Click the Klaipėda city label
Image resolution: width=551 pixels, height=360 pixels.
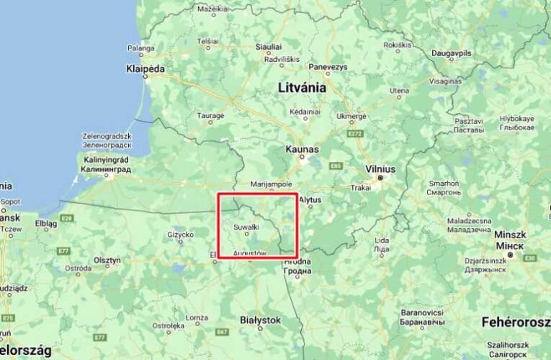[146, 68]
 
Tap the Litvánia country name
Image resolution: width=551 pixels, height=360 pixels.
[302, 87]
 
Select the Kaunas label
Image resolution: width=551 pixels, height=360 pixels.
[302, 148]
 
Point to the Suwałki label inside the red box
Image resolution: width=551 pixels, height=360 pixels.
[246, 227]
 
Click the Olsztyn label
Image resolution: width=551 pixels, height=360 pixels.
[107, 260]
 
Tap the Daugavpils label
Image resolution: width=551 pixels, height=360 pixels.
[452, 53]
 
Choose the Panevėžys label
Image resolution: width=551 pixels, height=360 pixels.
[327, 66]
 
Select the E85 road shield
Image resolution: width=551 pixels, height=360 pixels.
[335, 166]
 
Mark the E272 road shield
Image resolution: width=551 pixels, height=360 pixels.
[355, 133]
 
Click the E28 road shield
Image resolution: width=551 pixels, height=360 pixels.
[67, 217]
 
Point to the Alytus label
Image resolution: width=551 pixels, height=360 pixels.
[309, 199]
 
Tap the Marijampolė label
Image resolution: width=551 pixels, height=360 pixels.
[272, 184]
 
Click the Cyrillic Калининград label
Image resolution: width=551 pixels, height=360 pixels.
[107, 170]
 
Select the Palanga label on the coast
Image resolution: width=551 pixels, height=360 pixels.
[141, 48]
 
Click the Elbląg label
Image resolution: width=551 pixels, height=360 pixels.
[45, 222]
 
